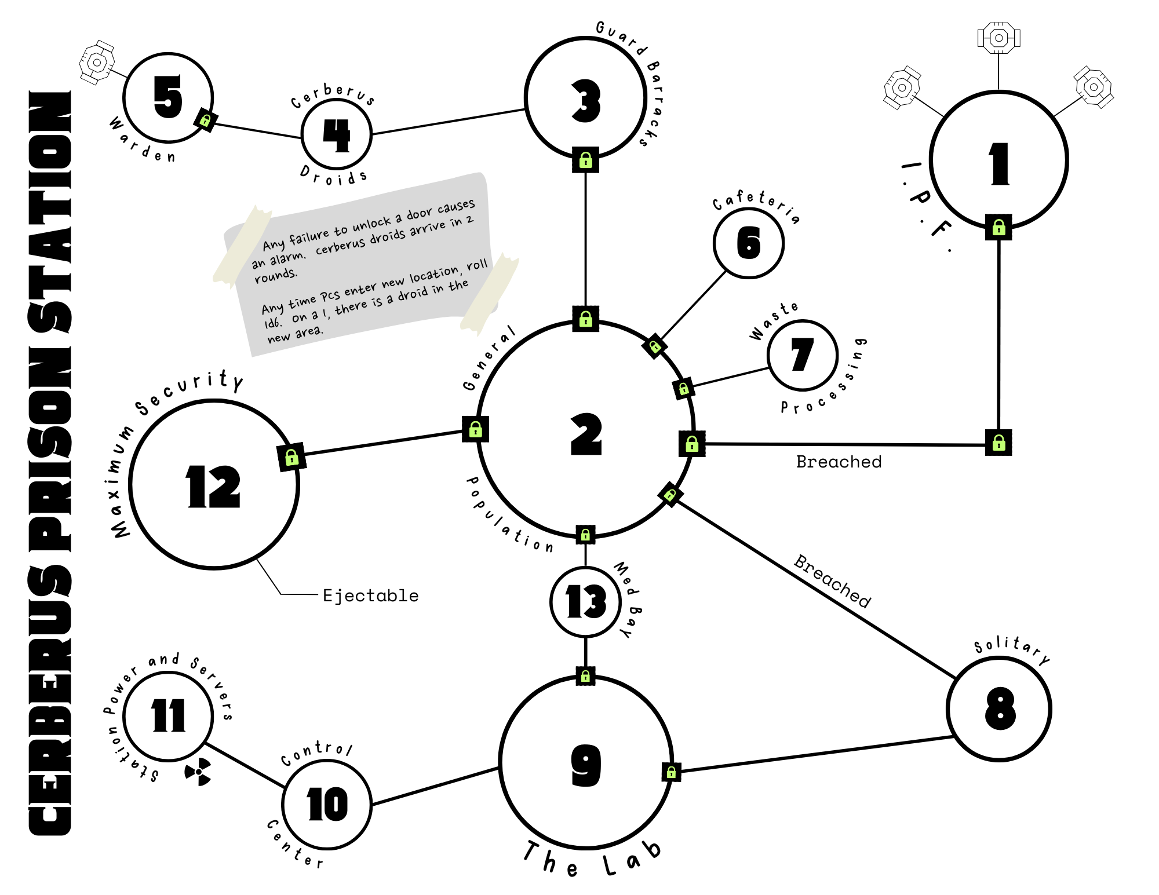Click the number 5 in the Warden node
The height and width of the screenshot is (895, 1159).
168,97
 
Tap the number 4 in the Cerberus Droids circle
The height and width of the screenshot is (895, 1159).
337,136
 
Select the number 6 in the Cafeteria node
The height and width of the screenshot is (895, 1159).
749,243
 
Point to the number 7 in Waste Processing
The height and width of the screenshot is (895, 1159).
803,354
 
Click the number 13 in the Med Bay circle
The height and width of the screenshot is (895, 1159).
586,601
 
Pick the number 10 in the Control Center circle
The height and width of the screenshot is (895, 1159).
327,804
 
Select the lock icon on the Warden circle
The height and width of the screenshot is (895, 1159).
205,120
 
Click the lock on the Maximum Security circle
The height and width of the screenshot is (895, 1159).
291,458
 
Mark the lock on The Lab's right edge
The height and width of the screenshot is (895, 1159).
671,772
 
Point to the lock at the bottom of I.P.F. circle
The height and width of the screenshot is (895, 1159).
998,227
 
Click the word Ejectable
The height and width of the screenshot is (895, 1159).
370,596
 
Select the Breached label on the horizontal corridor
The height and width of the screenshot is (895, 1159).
839,462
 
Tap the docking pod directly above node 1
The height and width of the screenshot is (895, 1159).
998,38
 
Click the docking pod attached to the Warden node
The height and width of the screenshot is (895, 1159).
97,62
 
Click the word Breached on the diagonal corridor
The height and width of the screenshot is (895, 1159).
832,581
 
